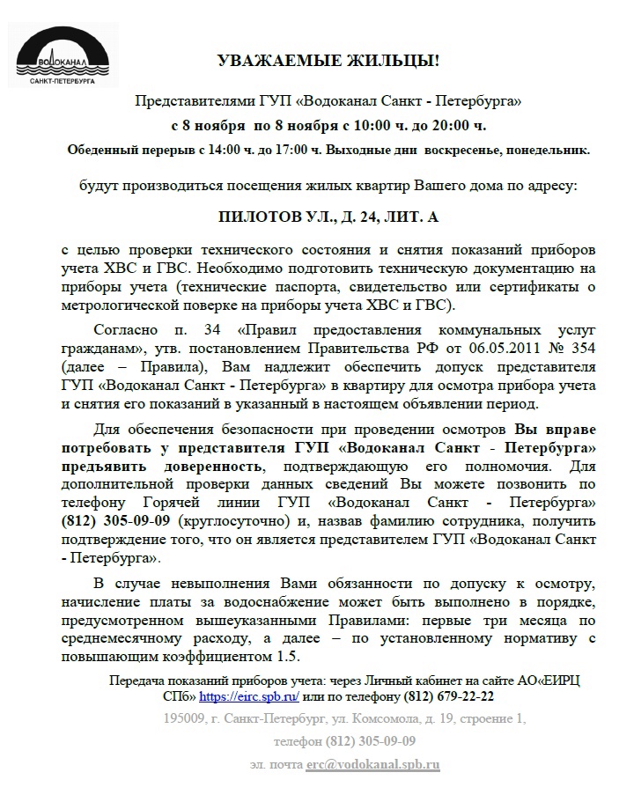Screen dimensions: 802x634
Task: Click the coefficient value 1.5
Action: tap(283, 658)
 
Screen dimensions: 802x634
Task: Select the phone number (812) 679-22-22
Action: tap(449, 695)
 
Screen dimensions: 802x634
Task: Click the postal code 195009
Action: tap(186, 718)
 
